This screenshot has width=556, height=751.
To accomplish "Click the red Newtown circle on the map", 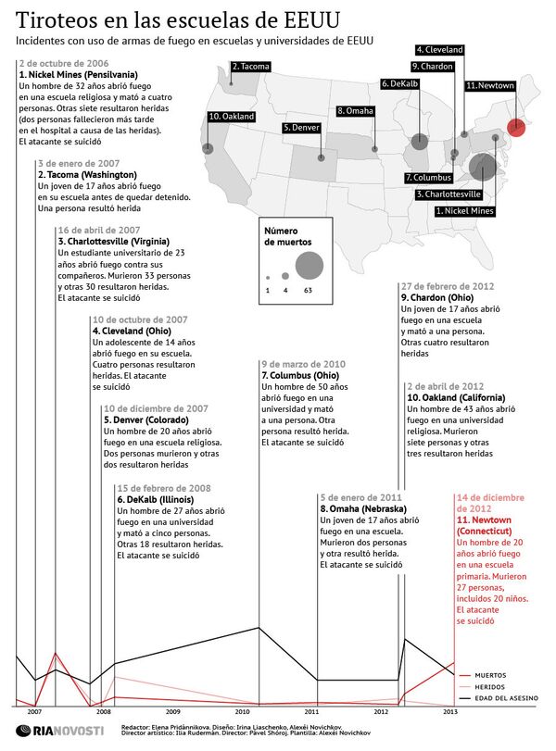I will (x=516, y=129).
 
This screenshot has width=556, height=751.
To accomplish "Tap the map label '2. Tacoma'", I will (x=250, y=67).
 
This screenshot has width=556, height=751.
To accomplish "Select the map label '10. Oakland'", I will (x=232, y=117).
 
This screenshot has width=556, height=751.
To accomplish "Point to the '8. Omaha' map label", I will (x=356, y=111).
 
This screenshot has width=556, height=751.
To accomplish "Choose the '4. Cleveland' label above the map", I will (x=439, y=49).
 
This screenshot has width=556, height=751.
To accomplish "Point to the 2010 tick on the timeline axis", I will (x=243, y=711).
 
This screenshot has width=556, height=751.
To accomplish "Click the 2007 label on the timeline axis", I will (x=33, y=711).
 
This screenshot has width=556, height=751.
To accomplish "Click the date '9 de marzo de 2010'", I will (x=303, y=364).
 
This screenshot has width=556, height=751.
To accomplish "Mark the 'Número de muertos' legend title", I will (x=287, y=235).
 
